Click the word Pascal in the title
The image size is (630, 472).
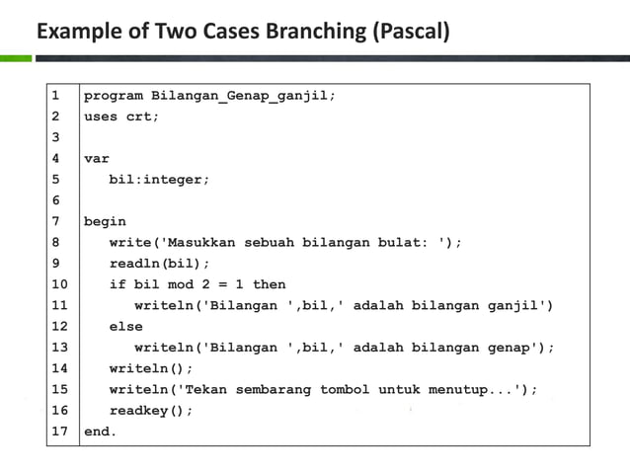[412, 32]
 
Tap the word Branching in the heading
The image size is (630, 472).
[313, 32]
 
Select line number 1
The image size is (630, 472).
[55, 96]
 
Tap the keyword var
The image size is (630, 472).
[96, 158]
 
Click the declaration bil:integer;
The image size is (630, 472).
[159, 180]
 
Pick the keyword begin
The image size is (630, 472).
[105, 221]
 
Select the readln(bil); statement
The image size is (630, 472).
[159, 264]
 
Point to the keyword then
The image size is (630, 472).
[269, 284]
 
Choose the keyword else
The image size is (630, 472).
[125, 326]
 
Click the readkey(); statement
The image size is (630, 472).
[151, 410]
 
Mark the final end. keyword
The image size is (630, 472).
[100, 432]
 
